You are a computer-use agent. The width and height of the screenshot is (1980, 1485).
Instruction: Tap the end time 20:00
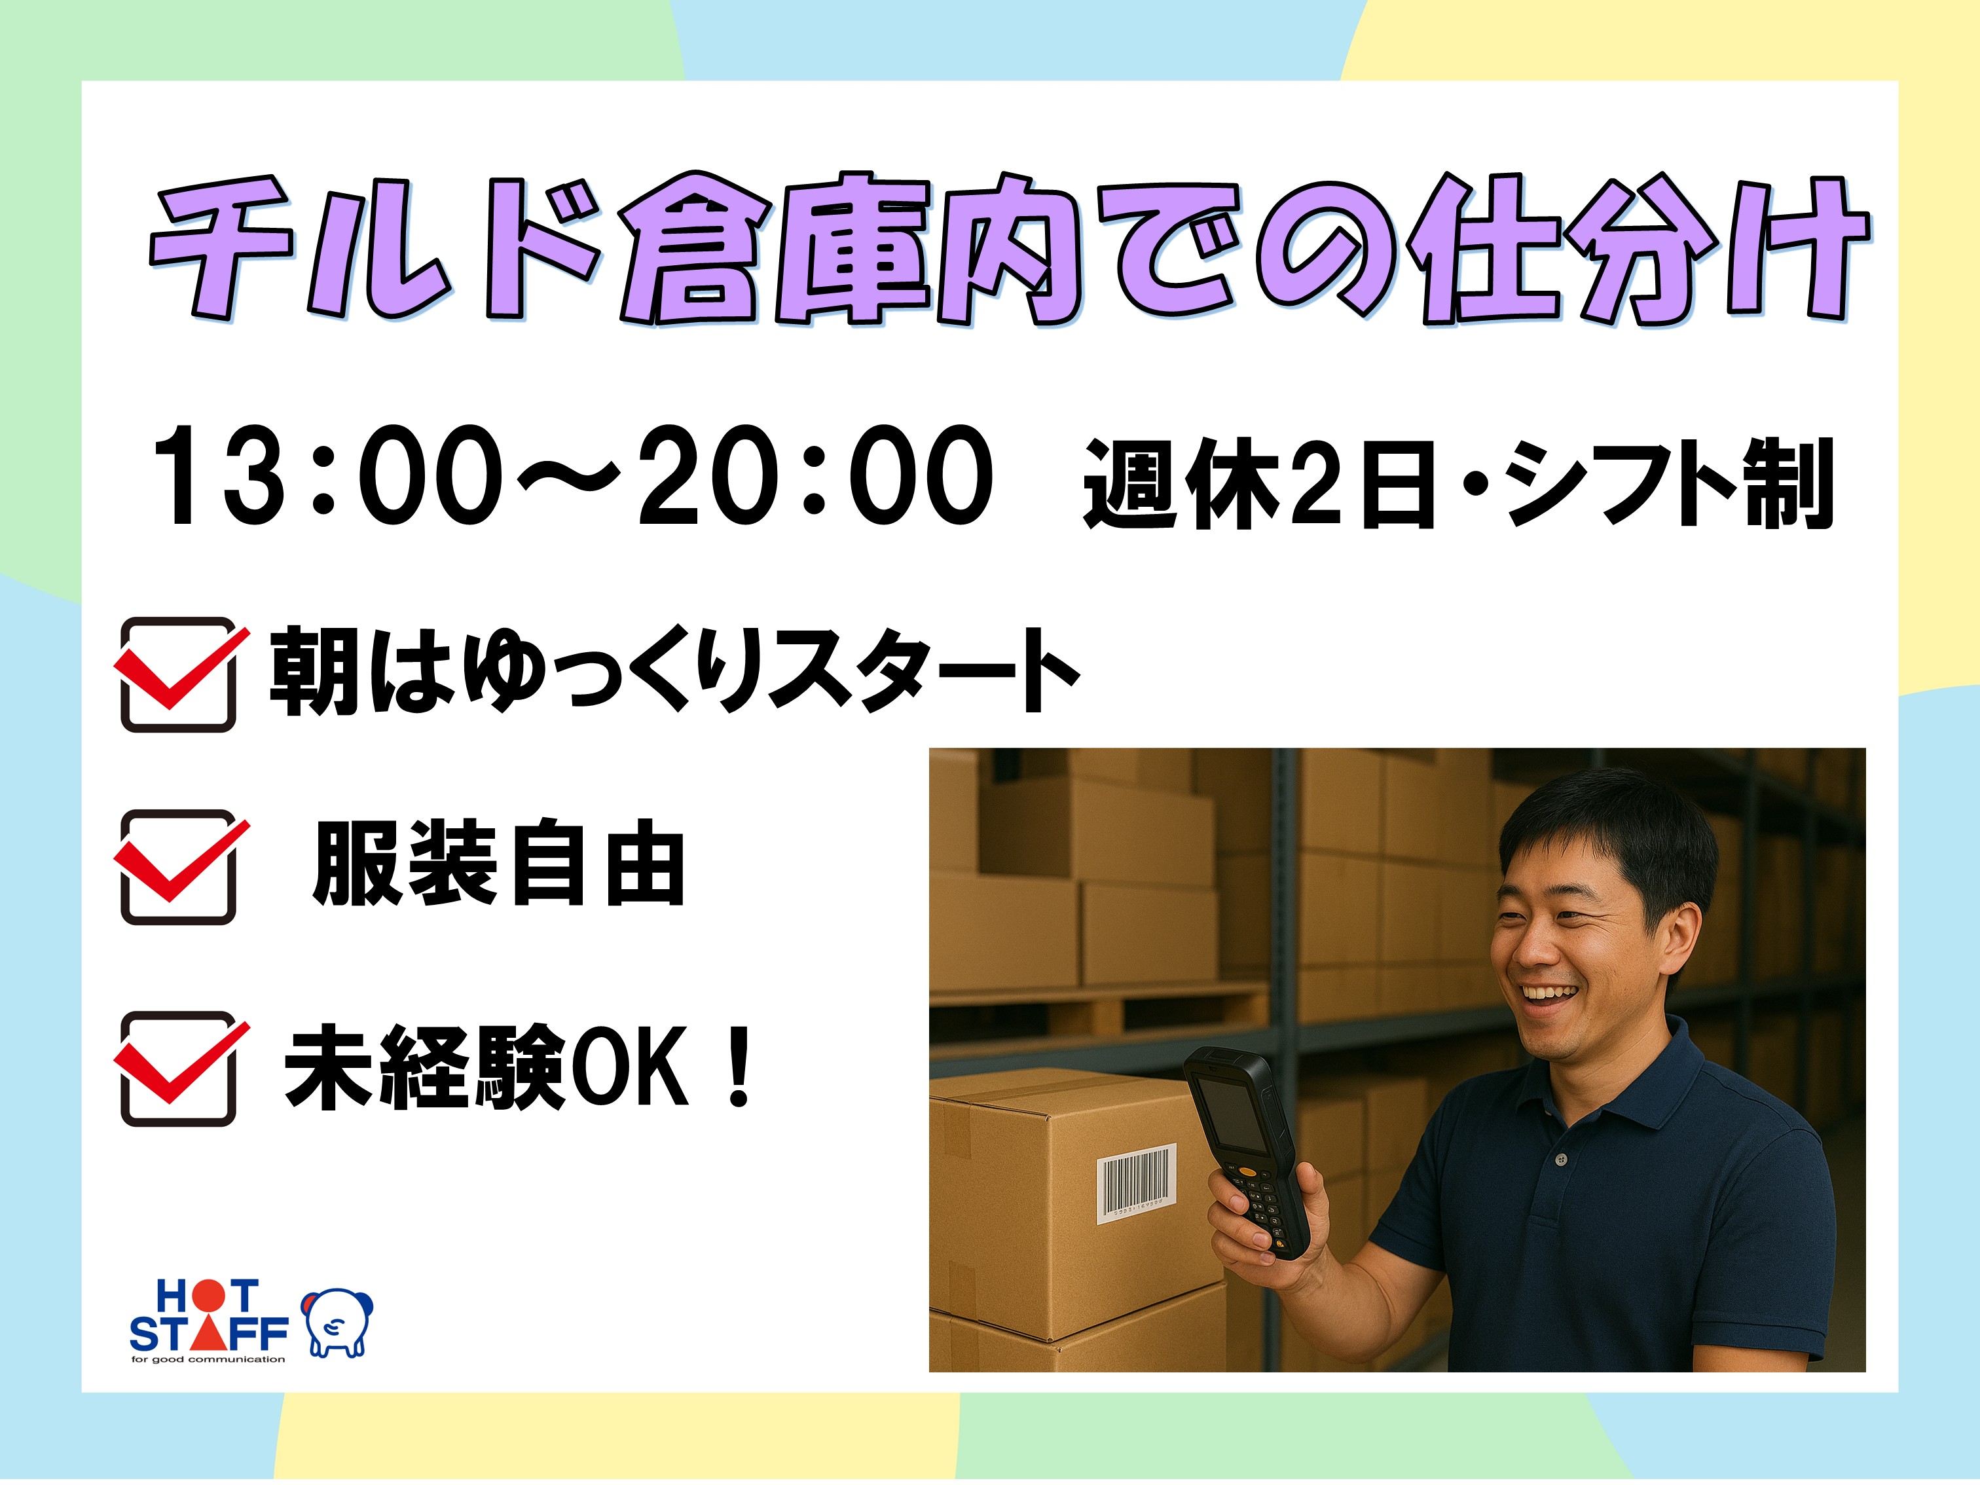coord(815,475)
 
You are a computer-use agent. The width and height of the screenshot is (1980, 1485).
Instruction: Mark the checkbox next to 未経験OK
coord(178,1069)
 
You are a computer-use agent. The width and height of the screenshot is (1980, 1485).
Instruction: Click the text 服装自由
coord(498,863)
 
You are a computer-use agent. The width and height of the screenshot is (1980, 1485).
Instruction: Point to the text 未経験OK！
coord(519,1067)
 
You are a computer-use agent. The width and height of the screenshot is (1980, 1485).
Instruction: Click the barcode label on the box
coord(1136,1182)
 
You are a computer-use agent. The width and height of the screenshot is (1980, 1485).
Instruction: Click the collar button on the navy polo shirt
coord(1561,1160)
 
